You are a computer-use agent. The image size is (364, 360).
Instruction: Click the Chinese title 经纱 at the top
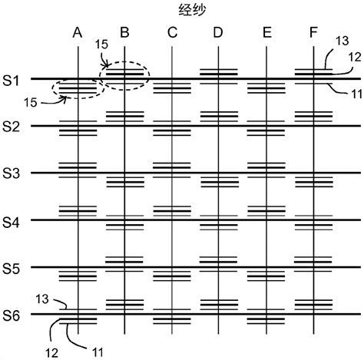point(192,11)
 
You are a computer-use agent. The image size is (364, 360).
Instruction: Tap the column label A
point(78,33)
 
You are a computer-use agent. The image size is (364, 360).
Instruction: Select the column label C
point(172,33)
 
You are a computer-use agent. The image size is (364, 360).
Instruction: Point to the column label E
point(267,33)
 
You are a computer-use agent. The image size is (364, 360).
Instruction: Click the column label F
point(313,33)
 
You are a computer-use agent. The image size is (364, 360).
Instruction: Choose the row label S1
point(11,81)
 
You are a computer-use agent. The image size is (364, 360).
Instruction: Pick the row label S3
point(11,173)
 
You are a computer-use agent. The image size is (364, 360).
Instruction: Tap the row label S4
point(11,222)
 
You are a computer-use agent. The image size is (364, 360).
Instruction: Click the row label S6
point(11,315)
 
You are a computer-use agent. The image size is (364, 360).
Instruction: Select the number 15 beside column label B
point(101,45)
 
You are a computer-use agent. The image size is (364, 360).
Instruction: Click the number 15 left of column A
point(31,103)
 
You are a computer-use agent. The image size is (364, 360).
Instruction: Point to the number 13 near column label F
point(342,41)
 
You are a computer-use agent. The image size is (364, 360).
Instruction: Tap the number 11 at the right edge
point(356,94)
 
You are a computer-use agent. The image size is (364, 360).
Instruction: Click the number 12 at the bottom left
point(51,353)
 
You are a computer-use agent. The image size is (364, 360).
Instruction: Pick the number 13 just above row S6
point(42,299)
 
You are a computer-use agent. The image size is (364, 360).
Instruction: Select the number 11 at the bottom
point(98,352)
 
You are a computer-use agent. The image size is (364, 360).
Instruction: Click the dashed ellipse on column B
point(124,62)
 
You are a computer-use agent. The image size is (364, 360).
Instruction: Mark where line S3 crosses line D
point(218,173)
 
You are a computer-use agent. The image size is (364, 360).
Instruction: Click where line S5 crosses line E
point(266,267)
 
